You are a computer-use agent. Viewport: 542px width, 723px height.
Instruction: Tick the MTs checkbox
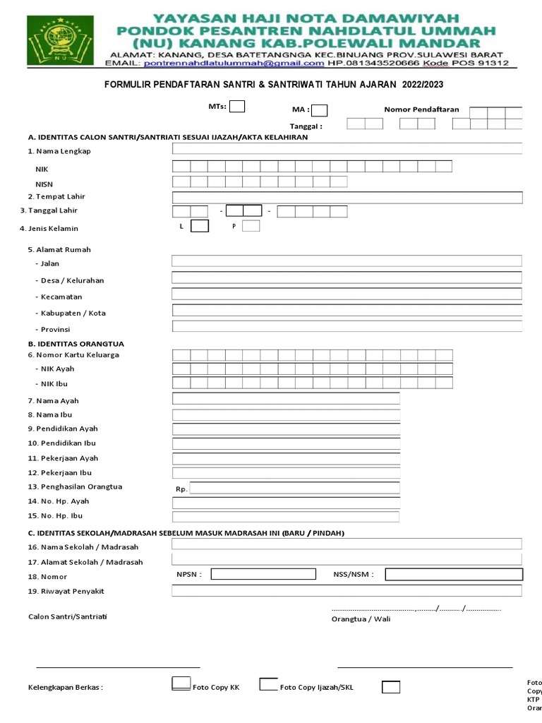click(238, 107)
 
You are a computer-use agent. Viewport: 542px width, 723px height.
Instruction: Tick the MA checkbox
click(319, 110)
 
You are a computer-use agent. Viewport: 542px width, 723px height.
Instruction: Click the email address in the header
click(234, 63)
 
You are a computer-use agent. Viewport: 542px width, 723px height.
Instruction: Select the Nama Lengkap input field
click(347, 149)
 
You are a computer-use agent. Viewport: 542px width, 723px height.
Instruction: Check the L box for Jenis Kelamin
click(200, 226)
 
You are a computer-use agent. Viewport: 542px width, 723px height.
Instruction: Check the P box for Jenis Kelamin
click(251, 226)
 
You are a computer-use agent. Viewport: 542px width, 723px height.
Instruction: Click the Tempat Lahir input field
click(347, 197)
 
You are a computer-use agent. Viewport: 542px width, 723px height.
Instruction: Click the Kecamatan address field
click(347, 294)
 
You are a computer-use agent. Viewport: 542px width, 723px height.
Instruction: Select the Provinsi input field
click(347, 326)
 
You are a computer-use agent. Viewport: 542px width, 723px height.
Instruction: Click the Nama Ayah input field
click(286, 399)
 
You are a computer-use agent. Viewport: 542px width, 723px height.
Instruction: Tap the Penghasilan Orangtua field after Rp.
click(294, 488)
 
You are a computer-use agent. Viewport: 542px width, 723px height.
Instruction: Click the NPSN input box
click(263, 574)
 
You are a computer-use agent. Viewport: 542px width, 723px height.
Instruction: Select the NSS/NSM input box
click(454, 574)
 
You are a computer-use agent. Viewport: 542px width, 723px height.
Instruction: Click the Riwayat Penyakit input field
click(347, 591)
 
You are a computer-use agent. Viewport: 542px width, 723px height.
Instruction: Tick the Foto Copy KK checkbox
click(181, 684)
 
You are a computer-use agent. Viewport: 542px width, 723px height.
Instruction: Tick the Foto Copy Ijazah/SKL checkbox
click(268, 684)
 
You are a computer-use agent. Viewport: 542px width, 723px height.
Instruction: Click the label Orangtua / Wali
click(361, 619)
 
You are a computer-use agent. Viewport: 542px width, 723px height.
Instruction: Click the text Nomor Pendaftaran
click(421, 109)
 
